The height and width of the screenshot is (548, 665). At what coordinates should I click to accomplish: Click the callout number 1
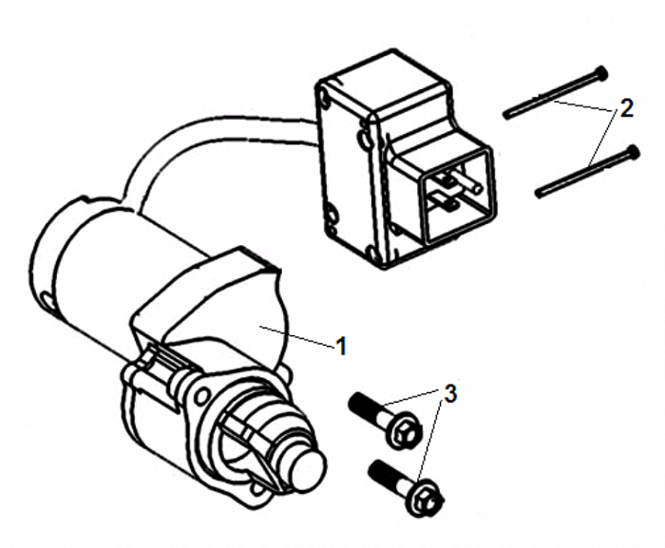click(x=342, y=346)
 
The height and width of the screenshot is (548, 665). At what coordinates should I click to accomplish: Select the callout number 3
click(x=450, y=393)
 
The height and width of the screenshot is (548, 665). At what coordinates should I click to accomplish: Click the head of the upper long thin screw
click(x=601, y=73)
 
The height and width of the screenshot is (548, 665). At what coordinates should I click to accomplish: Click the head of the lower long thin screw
click(x=634, y=151)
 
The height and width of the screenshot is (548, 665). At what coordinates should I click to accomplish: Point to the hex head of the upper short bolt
click(x=399, y=429)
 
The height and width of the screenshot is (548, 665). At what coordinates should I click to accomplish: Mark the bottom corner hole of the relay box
click(x=374, y=254)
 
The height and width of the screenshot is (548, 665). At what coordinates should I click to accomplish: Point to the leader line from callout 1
click(x=296, y=337)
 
